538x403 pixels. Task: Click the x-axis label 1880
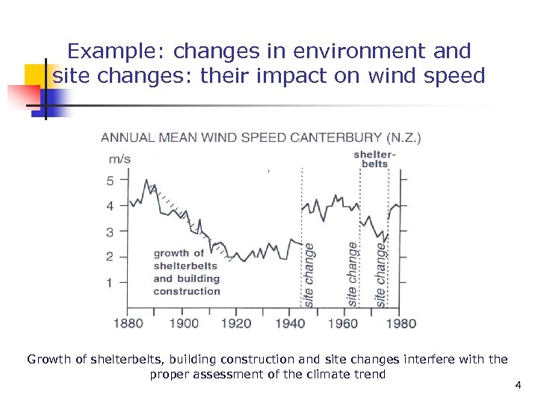pyautogui.click(x=127, y=323)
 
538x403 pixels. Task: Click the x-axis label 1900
pyautogui.click(x=185, y=323)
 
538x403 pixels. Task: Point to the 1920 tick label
pyautogui.click(x=237, y=323)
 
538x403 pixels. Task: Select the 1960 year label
pyautogui.click(x=344, y=323)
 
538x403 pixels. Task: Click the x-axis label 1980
pyautogui.click(x=402, y=323)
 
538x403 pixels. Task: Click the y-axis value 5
pyautogui.click(x=111, y=181)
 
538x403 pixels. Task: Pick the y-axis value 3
pyautogui.click(x=111, y=232)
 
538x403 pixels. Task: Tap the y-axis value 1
pyautogui.click(x=111, y=283)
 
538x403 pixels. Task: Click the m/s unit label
pyautogui.click(x=120, y=158)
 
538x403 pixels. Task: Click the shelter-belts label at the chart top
pyautogui.click(x=374, y=159)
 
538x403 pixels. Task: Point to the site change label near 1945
pyautogui.click(x=309, y=273)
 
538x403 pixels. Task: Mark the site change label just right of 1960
pyautogui.click(x=352, y=273)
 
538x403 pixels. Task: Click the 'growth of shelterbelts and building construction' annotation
pyautogui.click(x=186, y=272)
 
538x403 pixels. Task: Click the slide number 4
pyautogui.click(x=517, y=385)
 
